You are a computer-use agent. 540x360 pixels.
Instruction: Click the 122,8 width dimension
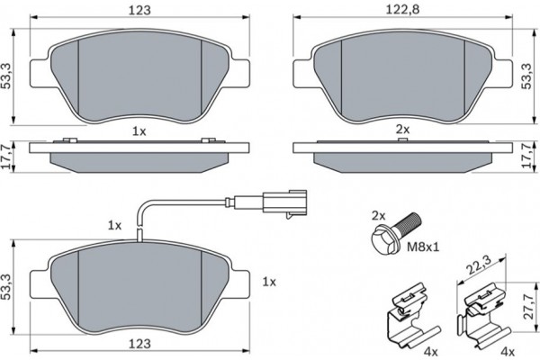pos(402,9)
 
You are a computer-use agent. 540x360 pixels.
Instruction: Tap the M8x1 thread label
pos(423,247)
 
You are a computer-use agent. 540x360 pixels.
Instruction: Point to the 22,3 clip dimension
pos(479,265)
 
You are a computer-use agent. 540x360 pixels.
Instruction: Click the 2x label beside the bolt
pos(378,216)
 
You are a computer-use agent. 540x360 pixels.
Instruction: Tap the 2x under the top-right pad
pos(402,130)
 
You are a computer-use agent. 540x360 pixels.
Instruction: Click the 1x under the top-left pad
pos(139,130)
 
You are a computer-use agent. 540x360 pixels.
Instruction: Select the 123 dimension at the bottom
pos(139,344)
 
